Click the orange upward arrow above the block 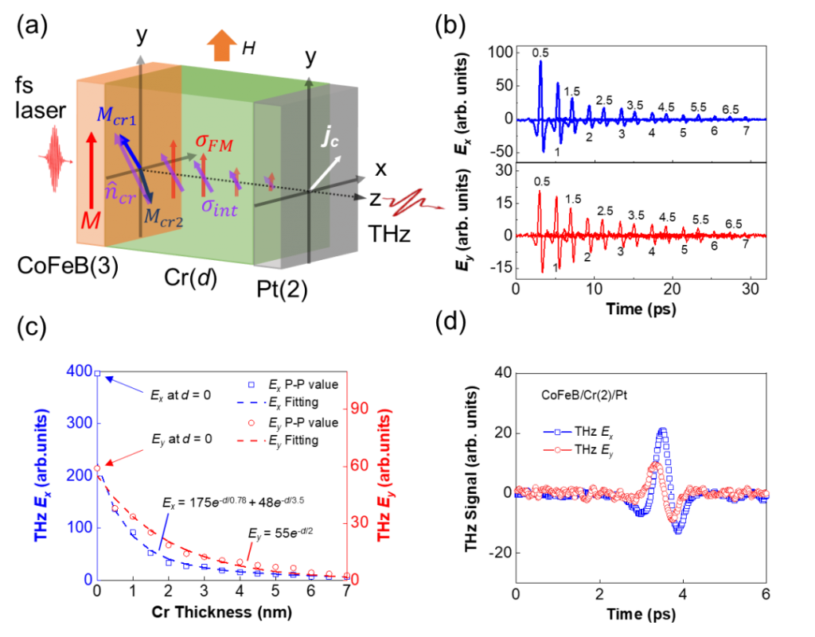221,45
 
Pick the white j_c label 330,137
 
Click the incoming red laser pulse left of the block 55,159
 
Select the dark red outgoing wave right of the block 412,204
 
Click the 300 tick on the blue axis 80,424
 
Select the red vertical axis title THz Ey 388,476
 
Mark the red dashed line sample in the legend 251,440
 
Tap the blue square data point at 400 98,373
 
